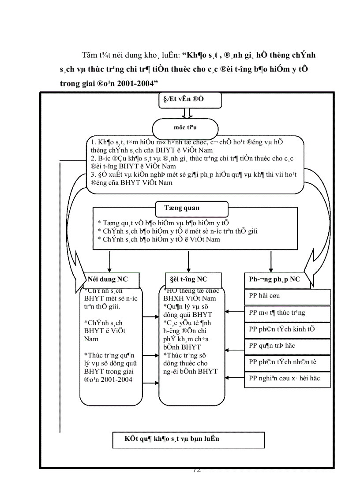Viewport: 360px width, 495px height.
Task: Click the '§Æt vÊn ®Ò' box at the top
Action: (190, 100)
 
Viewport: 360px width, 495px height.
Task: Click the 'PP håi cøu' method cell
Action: (287, 297)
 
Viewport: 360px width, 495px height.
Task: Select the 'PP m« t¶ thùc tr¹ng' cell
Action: (287, 313)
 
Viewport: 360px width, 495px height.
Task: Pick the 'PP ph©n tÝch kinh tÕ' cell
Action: (287, 330)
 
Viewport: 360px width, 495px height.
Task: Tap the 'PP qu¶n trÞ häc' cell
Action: (287, 346)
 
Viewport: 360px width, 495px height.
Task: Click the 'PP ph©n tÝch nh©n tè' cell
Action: (287, 363)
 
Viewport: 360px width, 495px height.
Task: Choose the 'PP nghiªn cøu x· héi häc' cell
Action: (287, 379)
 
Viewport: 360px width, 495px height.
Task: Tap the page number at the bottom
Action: (197, 470)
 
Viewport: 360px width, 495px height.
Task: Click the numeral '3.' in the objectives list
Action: (94, 175)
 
